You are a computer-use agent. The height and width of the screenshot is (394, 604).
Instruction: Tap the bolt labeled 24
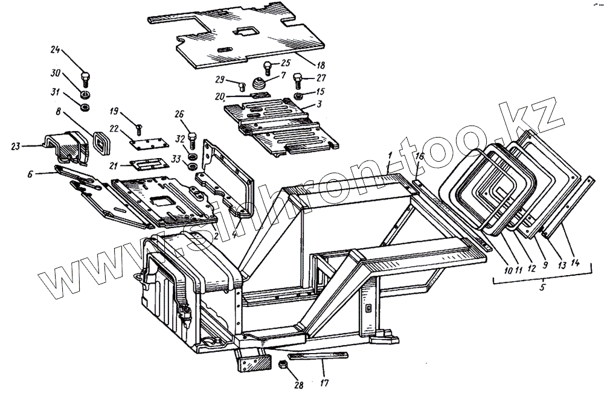tap(85, 78)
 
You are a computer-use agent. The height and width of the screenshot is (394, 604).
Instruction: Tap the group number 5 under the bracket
tap(542, 288)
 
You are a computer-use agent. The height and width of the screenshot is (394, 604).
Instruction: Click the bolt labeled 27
tap(298, 78)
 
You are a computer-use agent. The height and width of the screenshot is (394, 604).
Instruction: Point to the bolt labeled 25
tap(267, 68)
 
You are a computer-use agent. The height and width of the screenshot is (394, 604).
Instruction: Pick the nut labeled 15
tap(298, 97)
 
